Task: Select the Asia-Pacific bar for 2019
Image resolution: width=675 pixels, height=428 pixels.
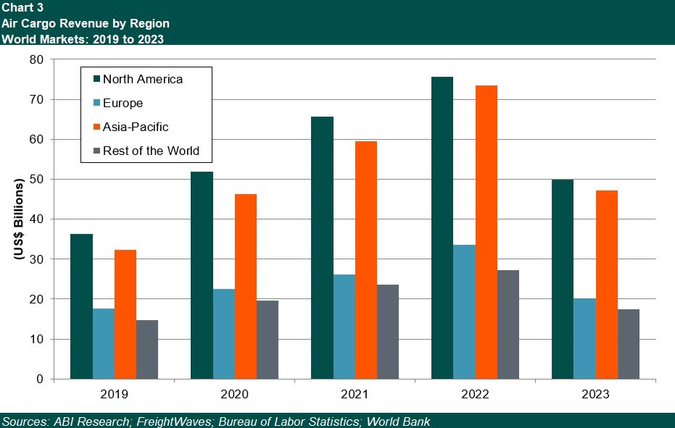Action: coord(125,314)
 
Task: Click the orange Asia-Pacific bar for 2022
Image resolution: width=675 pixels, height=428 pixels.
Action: coord(486,232)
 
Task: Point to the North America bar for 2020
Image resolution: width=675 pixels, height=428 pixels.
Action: coord(202,275)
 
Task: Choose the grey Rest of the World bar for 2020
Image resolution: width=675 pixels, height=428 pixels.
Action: coord(268,340)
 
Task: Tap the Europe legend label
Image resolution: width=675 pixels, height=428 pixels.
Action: coord(123,103)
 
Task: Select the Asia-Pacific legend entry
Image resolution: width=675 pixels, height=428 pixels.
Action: coord(136,127)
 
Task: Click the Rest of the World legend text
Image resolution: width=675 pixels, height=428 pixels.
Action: coord(151,151)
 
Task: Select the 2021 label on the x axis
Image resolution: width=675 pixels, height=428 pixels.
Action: coord(355,395)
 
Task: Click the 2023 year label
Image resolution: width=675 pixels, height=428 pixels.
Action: coord(595,395)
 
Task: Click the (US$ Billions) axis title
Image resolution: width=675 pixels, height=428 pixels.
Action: coord(19,219)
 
